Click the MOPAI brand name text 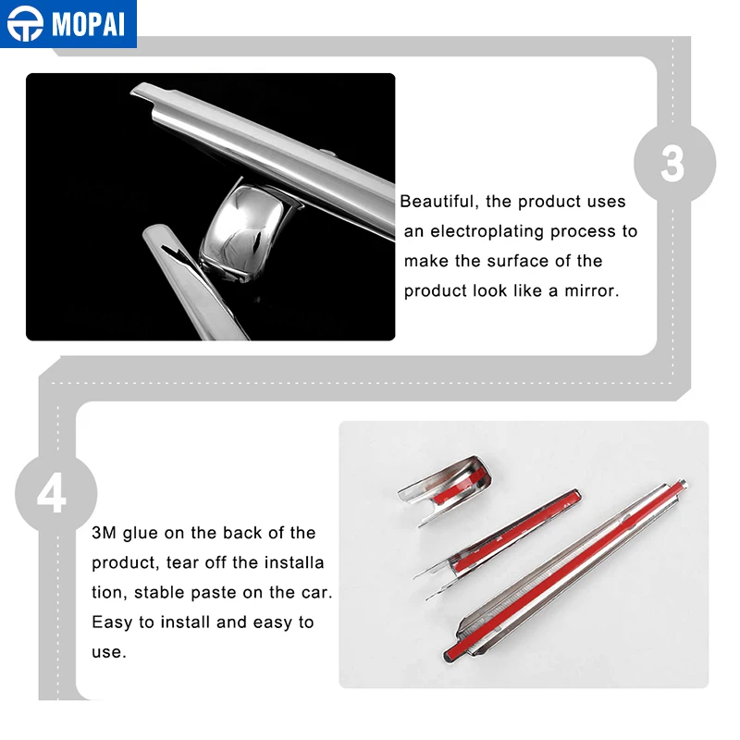tap(88, 24)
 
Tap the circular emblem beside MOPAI tap(25, 24)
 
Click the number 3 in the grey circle tap(673, 164)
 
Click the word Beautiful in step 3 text tap(437, 202)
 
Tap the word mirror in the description tap(591, 290)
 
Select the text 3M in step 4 tap(104, 533)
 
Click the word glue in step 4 tap(141, 534)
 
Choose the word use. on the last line tap(109, 653)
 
